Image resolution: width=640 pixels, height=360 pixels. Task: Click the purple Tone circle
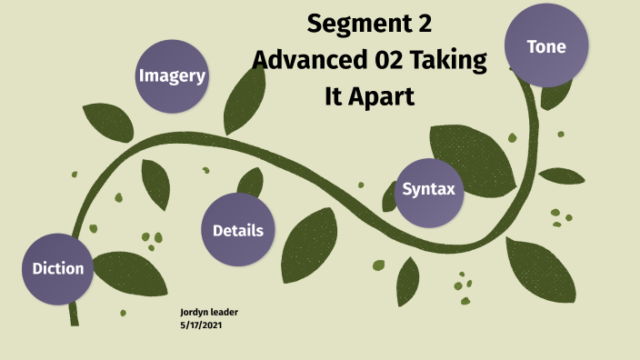[546, 45]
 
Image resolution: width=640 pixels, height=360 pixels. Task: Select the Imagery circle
[172, 76]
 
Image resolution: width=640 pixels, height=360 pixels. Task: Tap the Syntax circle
[428, 191]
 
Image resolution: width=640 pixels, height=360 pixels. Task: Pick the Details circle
[237, 230]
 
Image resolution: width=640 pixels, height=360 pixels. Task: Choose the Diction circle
[58, 268]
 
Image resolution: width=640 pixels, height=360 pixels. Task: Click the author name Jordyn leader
[209, 313]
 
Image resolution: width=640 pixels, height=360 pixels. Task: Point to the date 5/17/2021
[201, 325]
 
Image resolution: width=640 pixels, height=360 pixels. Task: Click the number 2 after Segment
[424, 24]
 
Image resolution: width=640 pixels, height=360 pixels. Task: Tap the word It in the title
[335, 95]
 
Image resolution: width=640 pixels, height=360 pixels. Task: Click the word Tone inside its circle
[546, 46]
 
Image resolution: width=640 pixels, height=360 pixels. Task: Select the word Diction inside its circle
[58, 268]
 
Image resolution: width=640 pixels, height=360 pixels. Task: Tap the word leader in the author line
[224, 313]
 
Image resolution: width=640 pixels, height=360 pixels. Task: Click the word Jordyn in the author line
[195, 313]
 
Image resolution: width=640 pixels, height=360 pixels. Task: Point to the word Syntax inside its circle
[428, 190]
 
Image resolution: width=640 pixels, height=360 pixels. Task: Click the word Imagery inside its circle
[172, 76]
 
